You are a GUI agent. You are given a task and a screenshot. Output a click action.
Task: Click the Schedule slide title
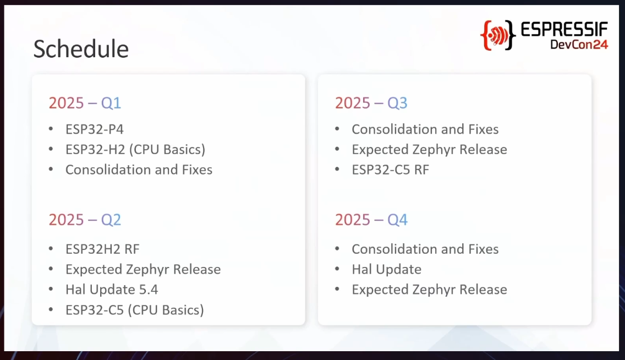[81, 49]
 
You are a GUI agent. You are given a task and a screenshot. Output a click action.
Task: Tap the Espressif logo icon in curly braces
[498, 35]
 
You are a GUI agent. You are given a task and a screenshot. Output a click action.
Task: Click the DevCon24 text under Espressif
[579, 44]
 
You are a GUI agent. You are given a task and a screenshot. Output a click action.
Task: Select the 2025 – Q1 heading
[85, 103]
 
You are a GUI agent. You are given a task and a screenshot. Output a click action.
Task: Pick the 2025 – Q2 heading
[85, 220]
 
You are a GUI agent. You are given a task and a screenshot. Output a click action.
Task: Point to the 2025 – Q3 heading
[371, 103]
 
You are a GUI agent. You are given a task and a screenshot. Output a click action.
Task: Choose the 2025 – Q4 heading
[371, 220]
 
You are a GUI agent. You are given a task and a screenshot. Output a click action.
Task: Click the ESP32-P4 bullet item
[95, 129]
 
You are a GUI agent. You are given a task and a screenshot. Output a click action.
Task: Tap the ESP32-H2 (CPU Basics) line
[135, 150]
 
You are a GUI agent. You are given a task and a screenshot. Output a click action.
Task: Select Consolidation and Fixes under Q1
[139, 170]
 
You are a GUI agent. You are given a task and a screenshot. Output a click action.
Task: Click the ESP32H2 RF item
[102, 249]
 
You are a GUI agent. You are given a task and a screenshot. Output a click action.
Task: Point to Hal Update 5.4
[112, 290]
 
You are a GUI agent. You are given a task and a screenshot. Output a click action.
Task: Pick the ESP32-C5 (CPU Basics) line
[135, 310]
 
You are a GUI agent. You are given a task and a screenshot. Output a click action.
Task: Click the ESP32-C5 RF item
[390, 170]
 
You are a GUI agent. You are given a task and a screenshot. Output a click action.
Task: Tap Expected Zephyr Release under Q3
[429, 150]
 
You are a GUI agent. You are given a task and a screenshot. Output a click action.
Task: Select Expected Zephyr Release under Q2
[143, 270]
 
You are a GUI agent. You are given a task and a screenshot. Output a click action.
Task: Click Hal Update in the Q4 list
[386, 270]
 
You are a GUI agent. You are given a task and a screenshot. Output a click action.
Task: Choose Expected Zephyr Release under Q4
[429, 290]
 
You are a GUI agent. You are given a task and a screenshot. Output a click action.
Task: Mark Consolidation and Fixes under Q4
[425, 249]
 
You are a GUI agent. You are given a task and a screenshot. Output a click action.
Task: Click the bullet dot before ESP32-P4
[51, 128]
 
